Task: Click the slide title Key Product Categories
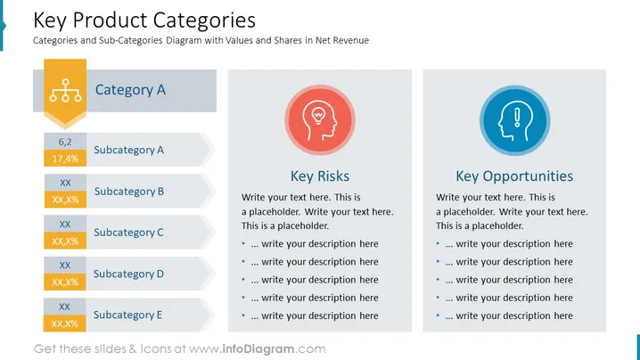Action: (x=144, y=20)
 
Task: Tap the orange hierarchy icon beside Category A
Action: (x=65, y=91)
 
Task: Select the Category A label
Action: (x=130, y=90)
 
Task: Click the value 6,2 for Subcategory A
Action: (x=65, y=142)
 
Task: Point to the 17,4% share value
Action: (x=65, y=159)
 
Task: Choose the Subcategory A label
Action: (x=128, y=150)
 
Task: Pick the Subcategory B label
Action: (x=129, y=192)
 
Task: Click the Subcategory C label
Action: (x=128, y=233)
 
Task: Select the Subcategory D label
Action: (x=128, y=274)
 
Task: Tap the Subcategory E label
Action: (x=127, y=315)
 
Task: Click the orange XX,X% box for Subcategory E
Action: (x=65, y=323)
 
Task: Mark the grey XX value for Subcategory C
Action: (x=65, y=224)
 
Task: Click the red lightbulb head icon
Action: (x=320, y=120)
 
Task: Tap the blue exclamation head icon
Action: (x=514, y=120)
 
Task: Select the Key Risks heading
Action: (x=320, y=176)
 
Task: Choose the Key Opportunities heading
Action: (x=514, y=176)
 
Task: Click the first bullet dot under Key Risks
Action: (x=243, y=243)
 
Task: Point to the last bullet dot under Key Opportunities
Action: (x=438, y=315)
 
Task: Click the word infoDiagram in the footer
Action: (x=258, y=349)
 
